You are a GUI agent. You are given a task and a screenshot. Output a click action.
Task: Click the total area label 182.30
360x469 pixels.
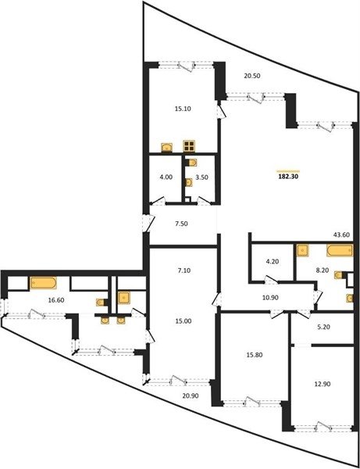coord(288,177)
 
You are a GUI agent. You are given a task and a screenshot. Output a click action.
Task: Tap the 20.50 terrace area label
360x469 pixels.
coord(252,76)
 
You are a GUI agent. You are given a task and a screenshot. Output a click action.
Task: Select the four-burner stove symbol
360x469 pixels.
coord(189,145)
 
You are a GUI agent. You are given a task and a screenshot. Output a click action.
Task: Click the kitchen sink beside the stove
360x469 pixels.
coord(166,148)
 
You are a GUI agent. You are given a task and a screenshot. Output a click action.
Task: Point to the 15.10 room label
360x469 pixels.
coord(183,109)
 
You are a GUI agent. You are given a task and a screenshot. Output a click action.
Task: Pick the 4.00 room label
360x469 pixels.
coord(166,177)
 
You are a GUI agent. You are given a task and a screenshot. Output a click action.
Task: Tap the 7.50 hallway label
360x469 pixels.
coord(181,224)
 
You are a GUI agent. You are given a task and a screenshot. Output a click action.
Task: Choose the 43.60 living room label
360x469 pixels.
coord(341,235)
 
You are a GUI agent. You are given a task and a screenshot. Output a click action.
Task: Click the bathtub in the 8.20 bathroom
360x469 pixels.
coord(340,250)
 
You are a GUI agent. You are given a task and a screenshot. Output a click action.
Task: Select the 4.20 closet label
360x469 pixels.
coord(273,261)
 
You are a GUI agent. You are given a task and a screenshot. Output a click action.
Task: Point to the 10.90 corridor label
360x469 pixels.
coord(270,298)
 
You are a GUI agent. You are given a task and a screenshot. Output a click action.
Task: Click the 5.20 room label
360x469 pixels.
coord(323,327)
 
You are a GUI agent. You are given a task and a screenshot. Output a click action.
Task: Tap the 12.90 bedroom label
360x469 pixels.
coord(322,384)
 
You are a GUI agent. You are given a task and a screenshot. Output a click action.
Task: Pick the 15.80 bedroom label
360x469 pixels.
coord(255,355)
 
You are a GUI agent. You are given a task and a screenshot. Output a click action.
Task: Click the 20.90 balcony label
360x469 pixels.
coord(191,396)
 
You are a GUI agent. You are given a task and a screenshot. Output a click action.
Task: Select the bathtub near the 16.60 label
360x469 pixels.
coord(43,283)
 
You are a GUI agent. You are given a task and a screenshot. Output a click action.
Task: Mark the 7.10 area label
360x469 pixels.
coord(184,270)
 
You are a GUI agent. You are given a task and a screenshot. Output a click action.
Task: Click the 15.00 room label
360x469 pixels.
coord(184,321)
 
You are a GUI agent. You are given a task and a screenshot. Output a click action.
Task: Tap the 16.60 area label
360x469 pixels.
coord(56,300)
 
